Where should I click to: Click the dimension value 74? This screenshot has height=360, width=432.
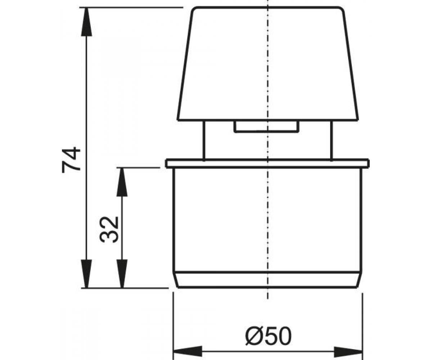click(71, 160)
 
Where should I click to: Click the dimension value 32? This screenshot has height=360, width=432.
click(109, 229)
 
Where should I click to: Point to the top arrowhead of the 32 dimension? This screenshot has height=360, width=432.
click(122, 182)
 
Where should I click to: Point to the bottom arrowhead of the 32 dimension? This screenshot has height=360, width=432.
click(122, 274)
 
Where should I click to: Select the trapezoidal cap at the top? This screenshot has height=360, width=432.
click(268, 64)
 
